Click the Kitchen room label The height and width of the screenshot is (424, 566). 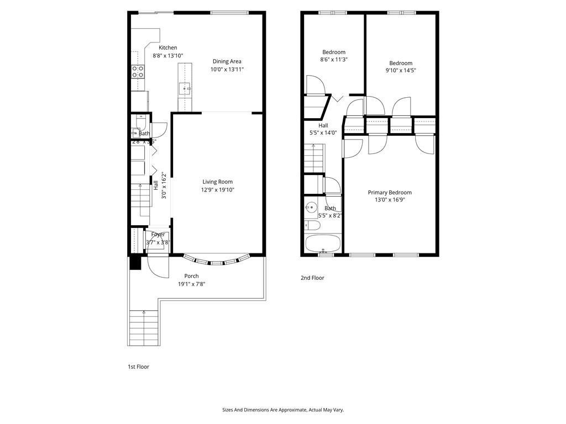tap(168, 48)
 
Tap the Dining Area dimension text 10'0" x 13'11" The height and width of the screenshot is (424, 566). tap(227, 70)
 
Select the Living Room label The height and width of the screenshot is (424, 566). tap(217, 182)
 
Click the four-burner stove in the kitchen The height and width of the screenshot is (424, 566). tap(138, 71)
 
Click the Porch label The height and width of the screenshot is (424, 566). tap(191, 276)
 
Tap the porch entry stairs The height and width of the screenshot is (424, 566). tap(144, 328)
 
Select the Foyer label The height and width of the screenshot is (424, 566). tap(158, 235)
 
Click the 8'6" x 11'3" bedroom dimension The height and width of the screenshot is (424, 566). tap(334, 60)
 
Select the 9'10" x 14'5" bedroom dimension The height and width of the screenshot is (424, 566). tap(401, 71)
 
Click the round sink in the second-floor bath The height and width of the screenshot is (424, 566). tap(311, 208)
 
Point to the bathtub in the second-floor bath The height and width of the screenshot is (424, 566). tap(322, 243)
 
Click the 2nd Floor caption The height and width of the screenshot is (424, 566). tap(312, 278)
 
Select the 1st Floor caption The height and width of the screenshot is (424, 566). tap(138, 367)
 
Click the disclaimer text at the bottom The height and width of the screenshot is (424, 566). tap(282, 410)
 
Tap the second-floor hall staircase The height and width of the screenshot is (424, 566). tap(314, 158)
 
